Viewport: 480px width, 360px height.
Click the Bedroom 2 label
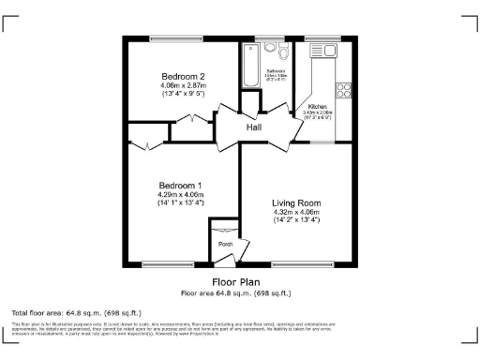183,76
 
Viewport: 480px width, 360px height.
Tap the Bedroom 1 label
181,185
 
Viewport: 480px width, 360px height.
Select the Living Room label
296,202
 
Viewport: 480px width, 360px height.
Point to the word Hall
254,127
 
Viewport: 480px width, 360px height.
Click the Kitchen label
317,107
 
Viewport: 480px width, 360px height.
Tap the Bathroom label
275,70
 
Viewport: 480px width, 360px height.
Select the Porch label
225,244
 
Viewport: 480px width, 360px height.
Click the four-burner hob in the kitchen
343,91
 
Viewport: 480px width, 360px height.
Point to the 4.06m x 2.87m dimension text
183,85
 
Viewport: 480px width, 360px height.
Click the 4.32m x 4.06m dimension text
296,212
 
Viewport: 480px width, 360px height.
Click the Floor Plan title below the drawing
237,280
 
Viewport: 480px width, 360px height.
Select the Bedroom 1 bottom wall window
169,263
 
